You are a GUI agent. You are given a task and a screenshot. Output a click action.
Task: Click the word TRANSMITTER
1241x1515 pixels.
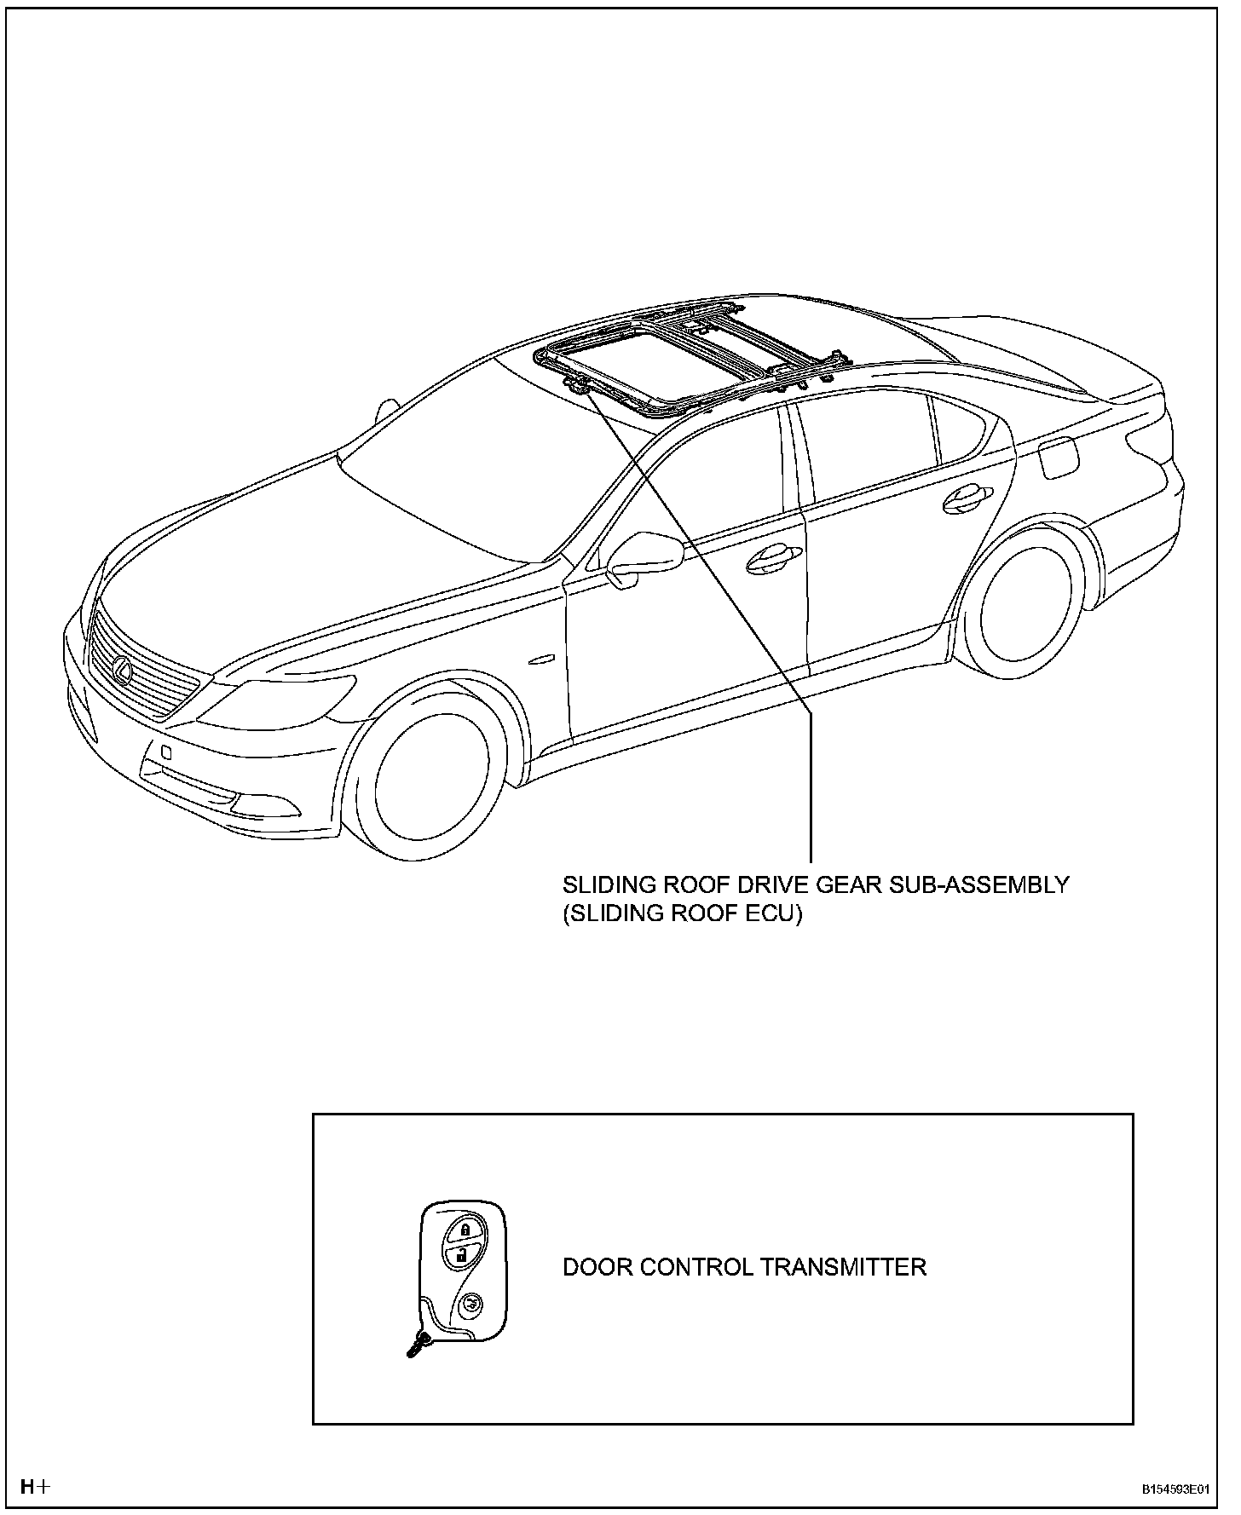(843, 1267)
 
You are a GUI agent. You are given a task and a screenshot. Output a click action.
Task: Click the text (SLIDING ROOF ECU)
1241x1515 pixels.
(682, 913)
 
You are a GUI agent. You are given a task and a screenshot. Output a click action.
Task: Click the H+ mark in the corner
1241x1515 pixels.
(35, 1487)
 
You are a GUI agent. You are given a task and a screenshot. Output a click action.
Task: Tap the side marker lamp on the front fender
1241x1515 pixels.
(541, 660)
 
